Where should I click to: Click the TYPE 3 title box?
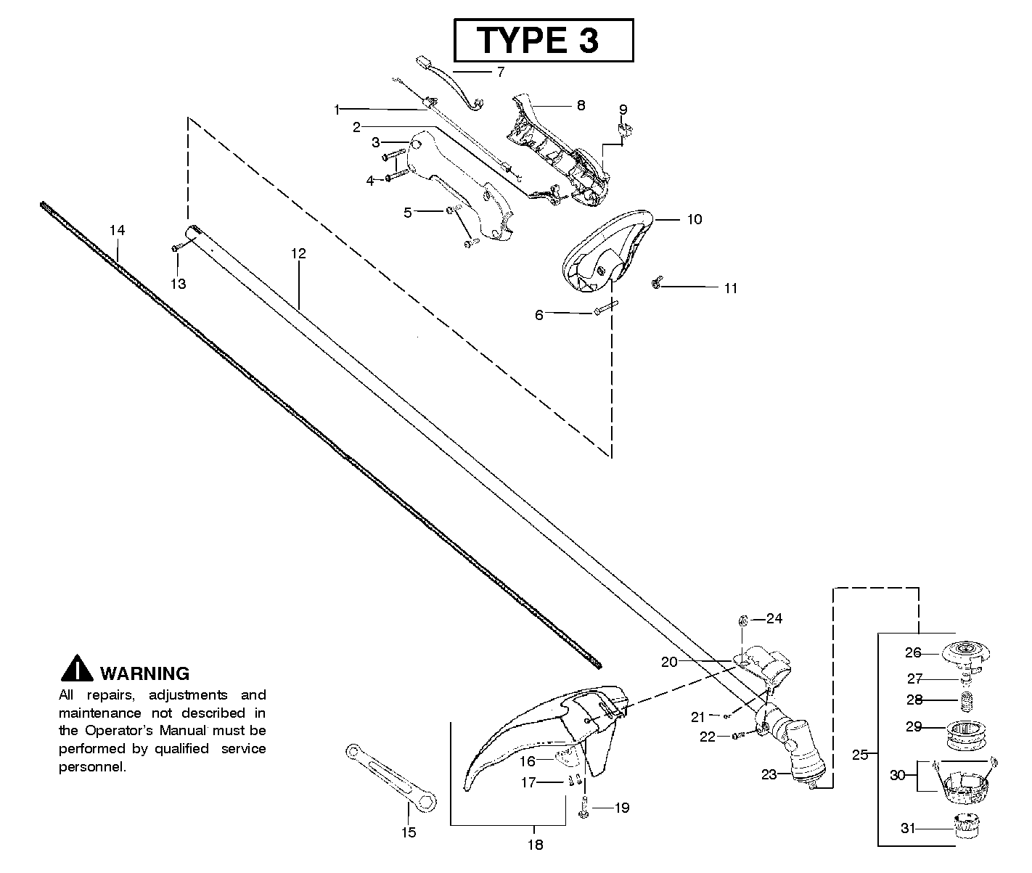543,40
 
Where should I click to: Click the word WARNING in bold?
144,673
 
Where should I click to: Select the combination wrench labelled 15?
390,776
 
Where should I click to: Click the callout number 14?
117,230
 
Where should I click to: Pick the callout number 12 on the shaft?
298,253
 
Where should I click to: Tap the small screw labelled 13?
176,248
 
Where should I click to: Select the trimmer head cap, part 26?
964,650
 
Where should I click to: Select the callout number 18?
535,844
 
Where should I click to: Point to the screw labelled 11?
657,285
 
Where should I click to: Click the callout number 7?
500,72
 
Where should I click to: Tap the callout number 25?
860,755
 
